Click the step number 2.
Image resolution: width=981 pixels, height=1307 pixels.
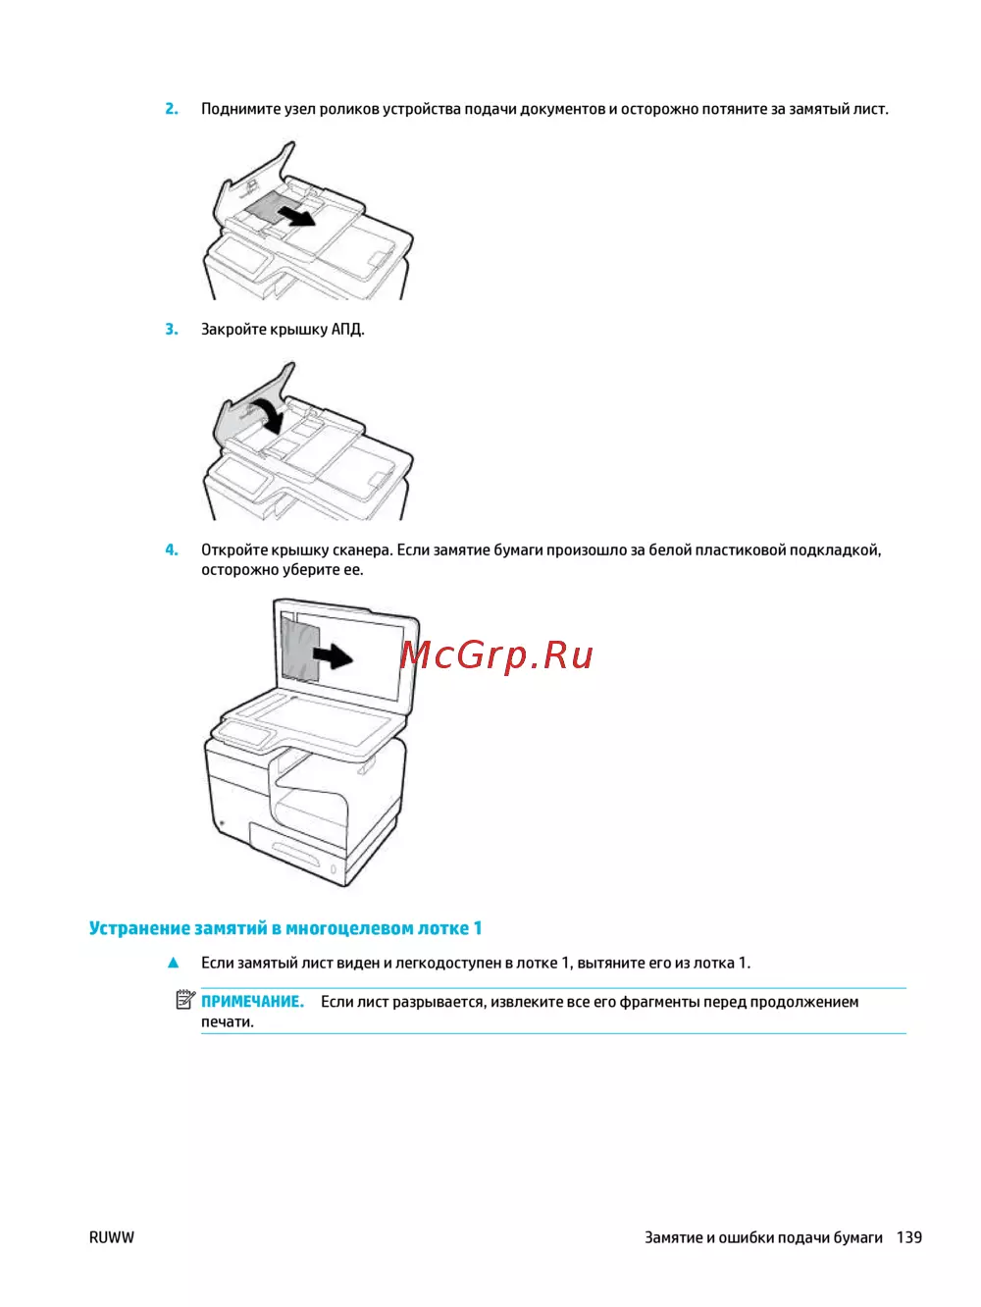pos(172,109)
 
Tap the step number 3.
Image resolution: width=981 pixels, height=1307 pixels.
pos(172,330)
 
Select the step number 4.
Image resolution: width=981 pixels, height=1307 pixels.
pos(172,549)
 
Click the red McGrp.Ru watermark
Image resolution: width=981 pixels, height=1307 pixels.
pos(496,654)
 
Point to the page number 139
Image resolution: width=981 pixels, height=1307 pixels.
pos(909,1237)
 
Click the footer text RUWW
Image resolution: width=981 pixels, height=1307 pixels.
pos(112,1237)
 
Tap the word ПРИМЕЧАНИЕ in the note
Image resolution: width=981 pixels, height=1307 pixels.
pos(252,1002)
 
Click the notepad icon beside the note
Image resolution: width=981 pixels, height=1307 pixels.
pos(185,1000)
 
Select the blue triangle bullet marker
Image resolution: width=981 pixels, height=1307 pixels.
pos(174,963)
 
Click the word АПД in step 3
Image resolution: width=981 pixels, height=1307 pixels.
pos(347,330)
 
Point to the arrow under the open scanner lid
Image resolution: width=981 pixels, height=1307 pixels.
pos(333,656)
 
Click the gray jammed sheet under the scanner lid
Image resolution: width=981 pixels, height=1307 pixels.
pos(300,649)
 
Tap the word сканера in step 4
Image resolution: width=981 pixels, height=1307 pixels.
pos(363,550)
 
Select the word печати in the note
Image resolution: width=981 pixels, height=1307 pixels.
pos(228,1022)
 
